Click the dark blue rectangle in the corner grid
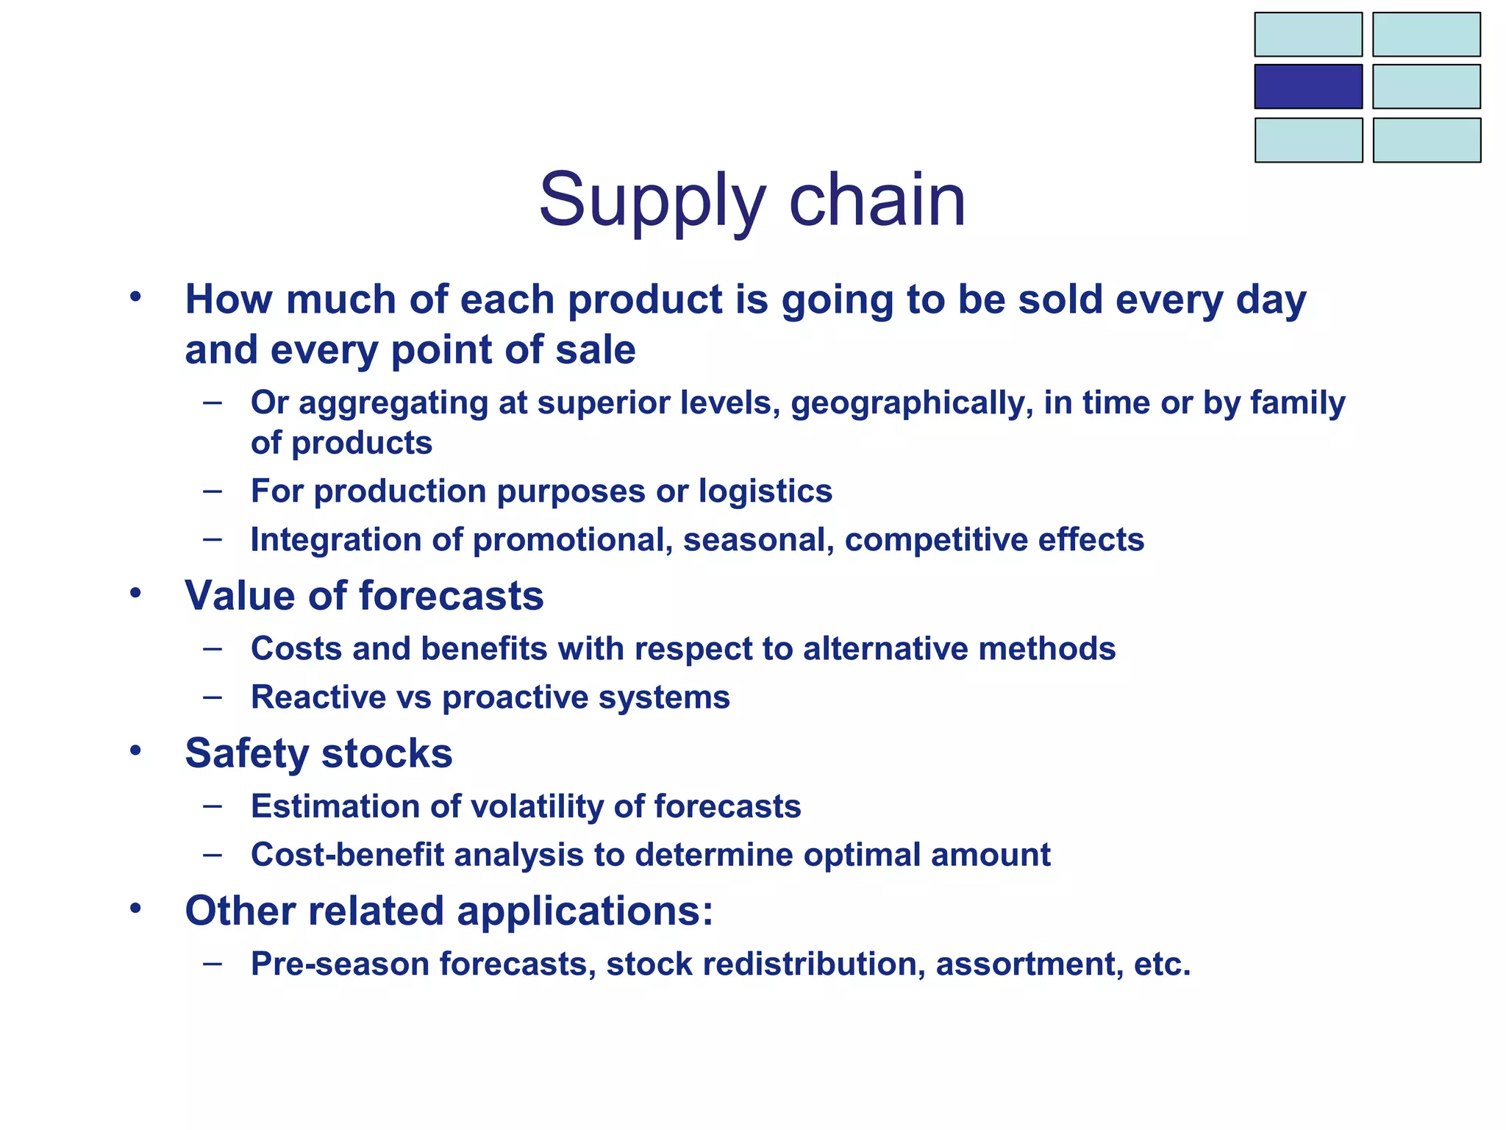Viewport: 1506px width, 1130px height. (1307, 87)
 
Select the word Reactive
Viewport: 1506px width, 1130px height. (318, 697)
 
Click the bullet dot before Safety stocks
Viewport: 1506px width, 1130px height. (135, 750)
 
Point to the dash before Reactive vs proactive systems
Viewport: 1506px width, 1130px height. (213, 696)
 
